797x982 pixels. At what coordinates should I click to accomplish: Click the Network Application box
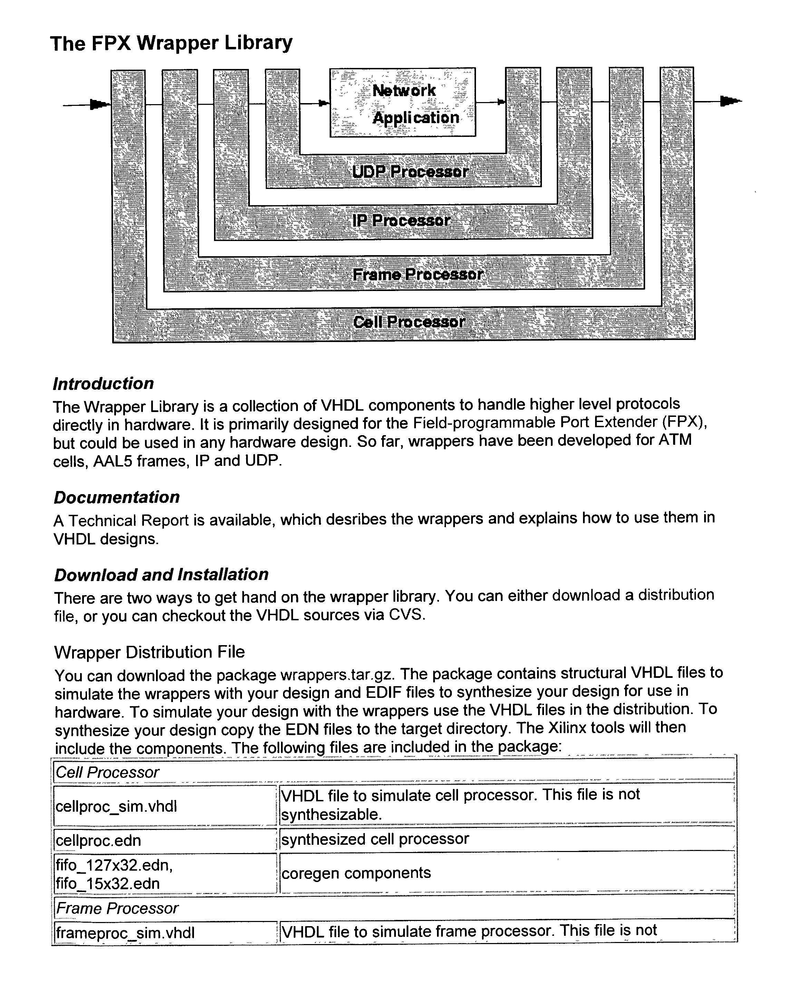(402, 103)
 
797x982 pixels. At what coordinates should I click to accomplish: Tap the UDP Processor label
(410, 172)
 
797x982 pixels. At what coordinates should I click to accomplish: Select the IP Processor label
(401, 221)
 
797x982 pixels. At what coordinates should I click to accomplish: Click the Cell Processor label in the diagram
(409, 322)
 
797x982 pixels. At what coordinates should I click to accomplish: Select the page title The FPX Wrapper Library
(171, 43)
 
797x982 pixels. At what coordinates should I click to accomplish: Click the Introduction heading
(103, 384)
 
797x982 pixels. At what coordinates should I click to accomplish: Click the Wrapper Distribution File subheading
(149, 652)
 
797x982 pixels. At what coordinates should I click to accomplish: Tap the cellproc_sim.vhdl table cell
(116, 807)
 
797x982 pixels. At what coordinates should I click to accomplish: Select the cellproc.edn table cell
(98, 841)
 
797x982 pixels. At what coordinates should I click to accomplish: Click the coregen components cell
(356, 873)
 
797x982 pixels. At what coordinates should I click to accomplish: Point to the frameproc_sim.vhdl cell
(125, 933)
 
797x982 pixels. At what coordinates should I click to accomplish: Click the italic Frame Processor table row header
(117, 909)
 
